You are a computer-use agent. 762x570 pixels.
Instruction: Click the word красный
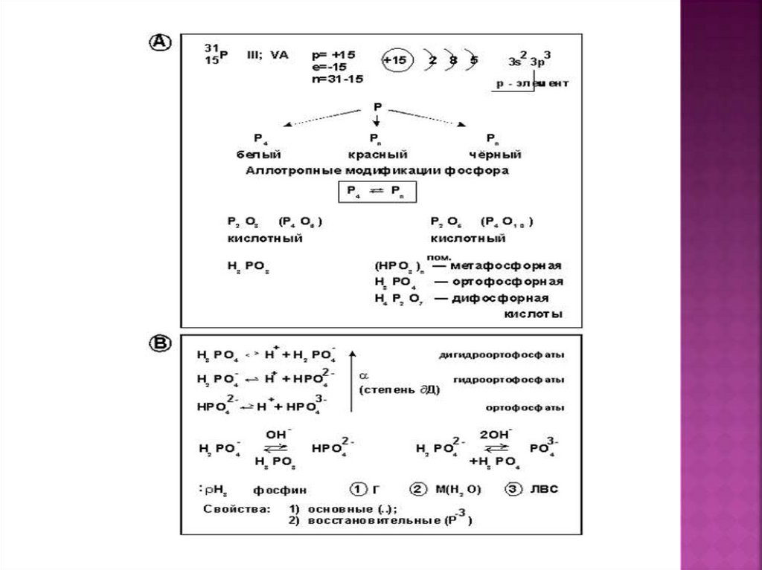click(x=377, y=155)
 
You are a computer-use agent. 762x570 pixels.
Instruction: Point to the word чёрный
click(x=495, y=155)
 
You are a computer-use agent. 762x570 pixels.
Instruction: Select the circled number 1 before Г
click(x=359, y=490)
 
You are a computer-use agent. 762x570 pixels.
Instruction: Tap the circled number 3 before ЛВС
click(x=513, y=490)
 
